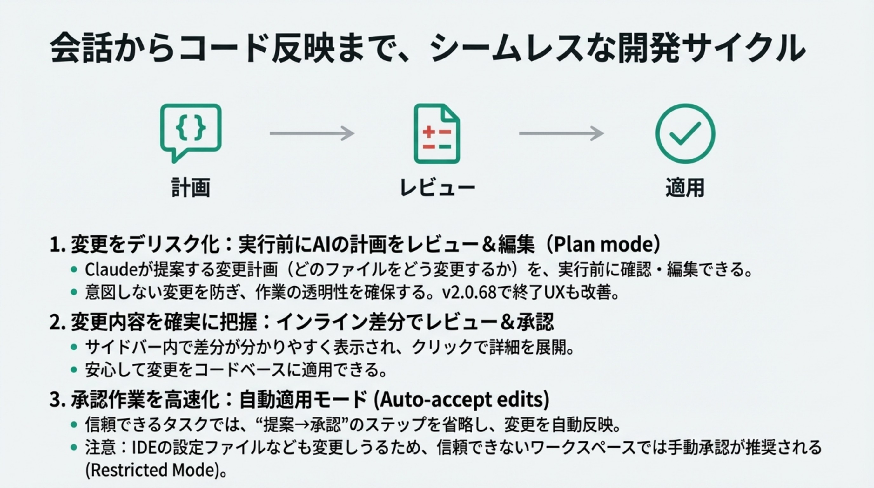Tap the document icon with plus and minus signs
click(437, 134)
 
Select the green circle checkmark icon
click(685, 134)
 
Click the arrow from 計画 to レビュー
click(312, 133)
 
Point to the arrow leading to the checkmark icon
click(561, 133)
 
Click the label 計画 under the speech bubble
click(191, 187)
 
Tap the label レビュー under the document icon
click(437, 187)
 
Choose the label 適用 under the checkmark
click(685, 187)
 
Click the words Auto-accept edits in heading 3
click(461, 400)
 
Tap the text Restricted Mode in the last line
click(152, 470)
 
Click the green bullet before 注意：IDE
click(74, 447)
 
